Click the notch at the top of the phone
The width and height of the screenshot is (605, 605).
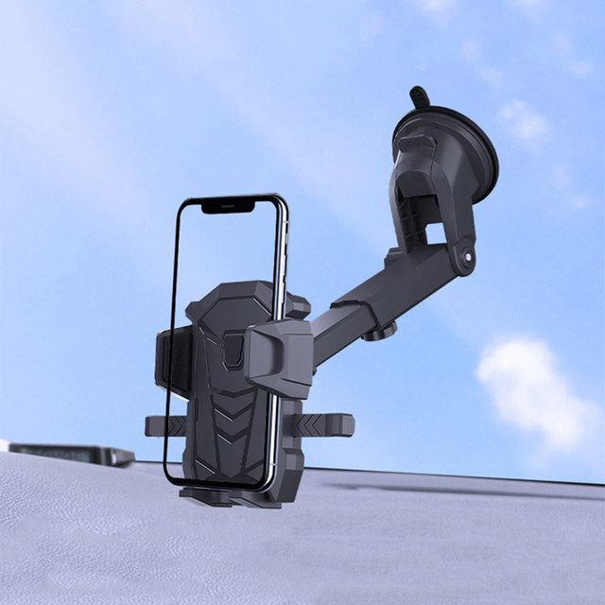[x=227, y=205]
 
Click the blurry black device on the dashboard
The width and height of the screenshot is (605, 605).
[x=71, y=453]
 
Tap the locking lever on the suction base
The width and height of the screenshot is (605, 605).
[x=435, y=189]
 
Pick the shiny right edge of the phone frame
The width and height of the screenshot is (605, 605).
[x=283, y=255]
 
